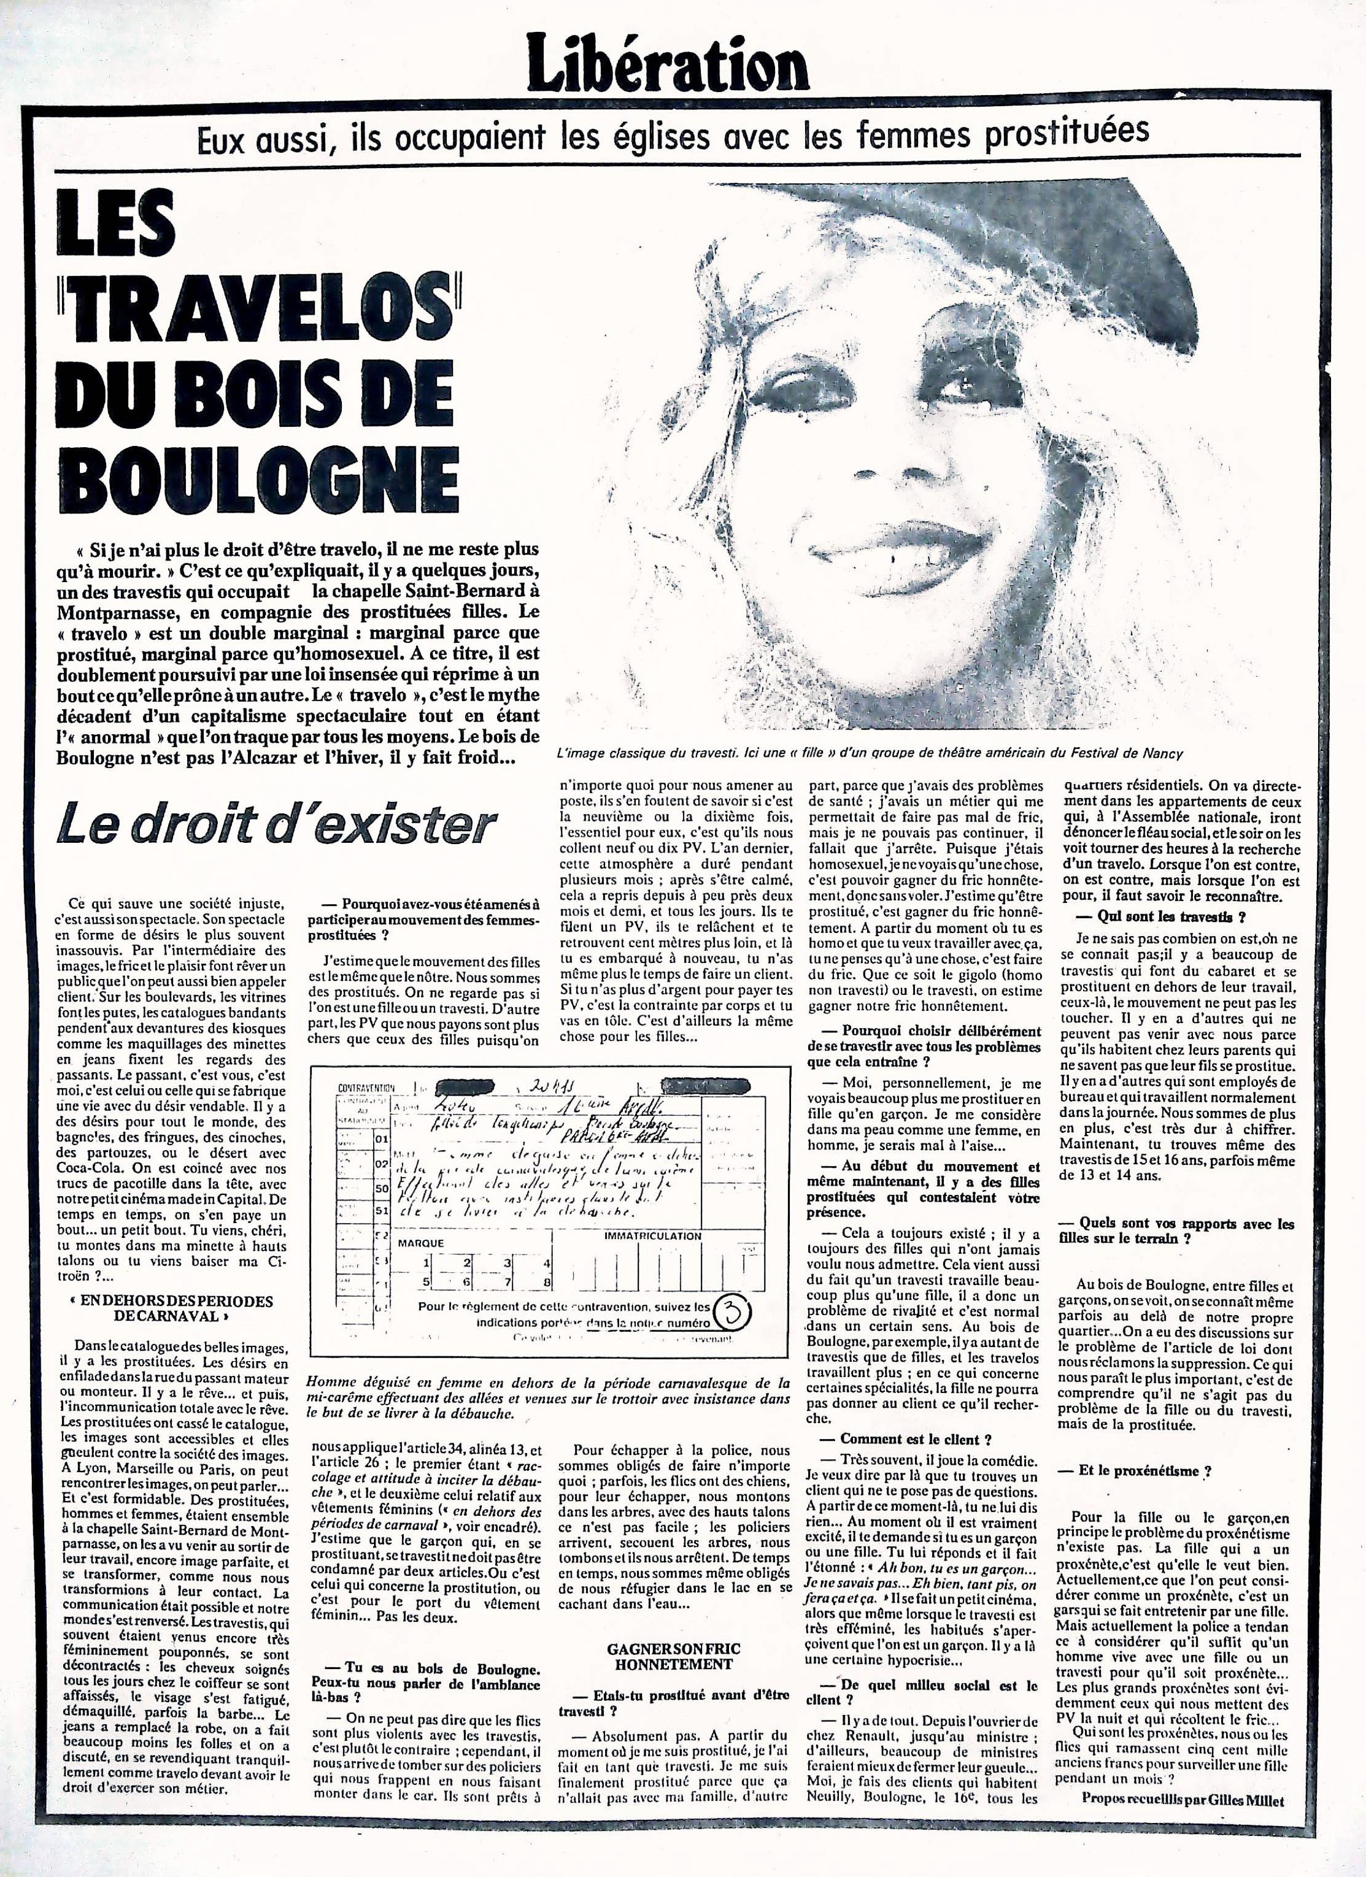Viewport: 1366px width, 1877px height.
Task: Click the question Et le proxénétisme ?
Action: (x=1145, y=1472)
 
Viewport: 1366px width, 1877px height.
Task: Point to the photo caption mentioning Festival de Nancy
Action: (x=870, y=753)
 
